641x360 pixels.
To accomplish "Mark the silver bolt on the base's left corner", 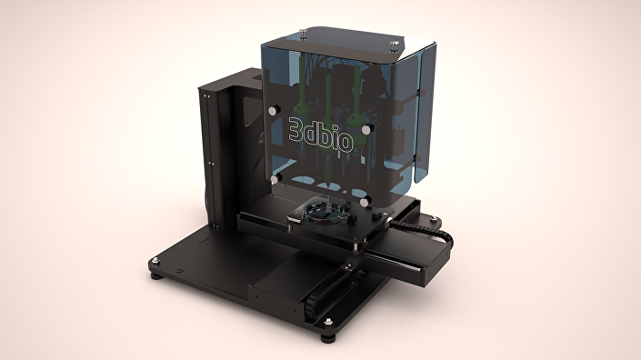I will tap(161, 260).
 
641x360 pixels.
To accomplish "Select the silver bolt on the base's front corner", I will tap(325, 322).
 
